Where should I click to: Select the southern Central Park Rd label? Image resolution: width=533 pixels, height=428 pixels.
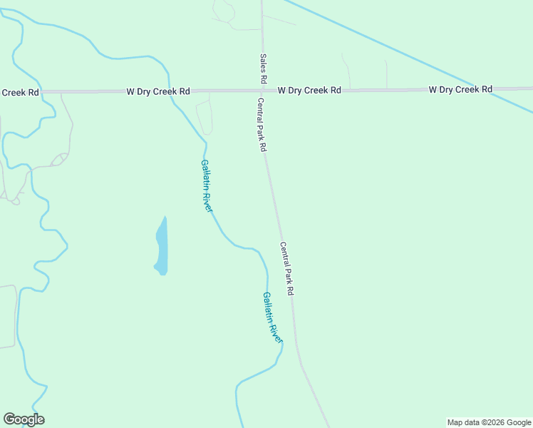coord(286,270)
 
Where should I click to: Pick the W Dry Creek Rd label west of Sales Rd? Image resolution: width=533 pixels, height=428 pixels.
coord(158,91)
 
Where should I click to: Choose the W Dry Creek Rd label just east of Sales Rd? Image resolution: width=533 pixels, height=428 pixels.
coord(309,91)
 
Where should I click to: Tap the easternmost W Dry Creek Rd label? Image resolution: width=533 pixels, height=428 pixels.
coord(460,89)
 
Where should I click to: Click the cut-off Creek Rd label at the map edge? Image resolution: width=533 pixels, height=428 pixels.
coord(19,92)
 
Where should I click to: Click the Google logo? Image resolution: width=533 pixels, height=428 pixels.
coord(24,419)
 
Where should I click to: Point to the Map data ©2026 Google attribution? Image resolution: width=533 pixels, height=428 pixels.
coord(489,422)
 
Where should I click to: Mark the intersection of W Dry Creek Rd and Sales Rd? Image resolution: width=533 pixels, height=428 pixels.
coord(262,91)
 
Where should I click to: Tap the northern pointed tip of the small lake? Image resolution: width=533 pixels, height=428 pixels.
coord(165,217)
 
